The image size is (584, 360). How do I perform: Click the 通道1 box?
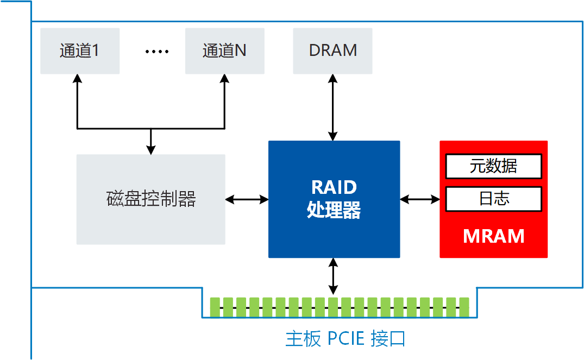click(x=80, y=51)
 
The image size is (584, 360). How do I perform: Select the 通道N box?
click(x=224, y=51)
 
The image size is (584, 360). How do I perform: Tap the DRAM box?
click(x=332, y=51)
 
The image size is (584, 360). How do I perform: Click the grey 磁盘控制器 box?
click(x=150, y=199)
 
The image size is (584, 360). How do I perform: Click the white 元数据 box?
click(x=493, y=166)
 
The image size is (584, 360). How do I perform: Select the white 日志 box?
click(x=493, y=199)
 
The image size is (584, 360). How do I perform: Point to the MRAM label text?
click(x=493, y=236)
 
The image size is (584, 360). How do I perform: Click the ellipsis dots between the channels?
click(x=157, y=52)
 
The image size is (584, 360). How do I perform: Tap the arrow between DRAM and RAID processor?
click(x=333, y=108)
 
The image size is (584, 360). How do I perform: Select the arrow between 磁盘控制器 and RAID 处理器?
click(x=247, y=199)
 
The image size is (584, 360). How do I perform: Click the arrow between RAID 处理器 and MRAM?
click(x=420, y=199)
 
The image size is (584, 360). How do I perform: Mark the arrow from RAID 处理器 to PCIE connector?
click(x=333, y=276)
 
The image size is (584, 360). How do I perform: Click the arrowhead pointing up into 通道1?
click(x=78, y=78)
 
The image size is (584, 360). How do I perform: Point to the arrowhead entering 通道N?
click(x=224, y=78)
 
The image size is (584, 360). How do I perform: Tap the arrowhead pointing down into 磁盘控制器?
click(x=151, y=150)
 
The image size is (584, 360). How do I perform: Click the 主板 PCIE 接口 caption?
click(x=346, y=339)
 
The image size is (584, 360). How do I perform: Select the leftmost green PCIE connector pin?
click(x=215, y=307)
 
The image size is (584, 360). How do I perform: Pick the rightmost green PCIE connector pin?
click(x=464, y=307)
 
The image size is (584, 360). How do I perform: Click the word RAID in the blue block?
click(x=334, y=187)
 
